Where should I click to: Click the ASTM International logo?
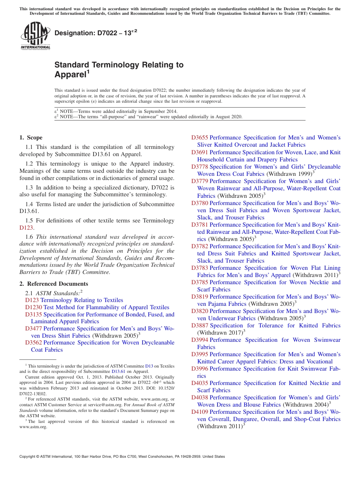tap(35, 36)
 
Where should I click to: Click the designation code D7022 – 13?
tap(95, 33)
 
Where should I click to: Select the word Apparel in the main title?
tap(70, 75)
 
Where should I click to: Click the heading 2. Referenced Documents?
tap(54, 284)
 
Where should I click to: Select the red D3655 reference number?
tap(200, 138)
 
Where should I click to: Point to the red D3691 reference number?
tap(200, 152)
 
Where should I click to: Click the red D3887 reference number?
tap(200, 326)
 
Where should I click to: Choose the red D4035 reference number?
tap(200, 383)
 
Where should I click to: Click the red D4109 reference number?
tap(200, 412)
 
